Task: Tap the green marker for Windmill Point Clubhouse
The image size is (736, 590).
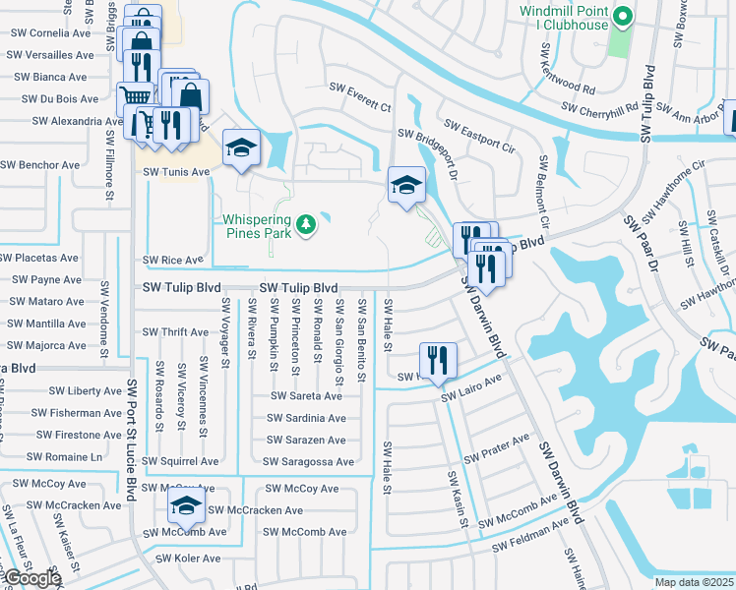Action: (x=622, y=16)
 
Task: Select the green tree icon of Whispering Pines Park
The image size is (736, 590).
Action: (x=307, y=225)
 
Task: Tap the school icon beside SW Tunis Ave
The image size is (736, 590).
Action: (x=241, y=149)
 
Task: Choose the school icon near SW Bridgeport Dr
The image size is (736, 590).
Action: (x=406, y=185)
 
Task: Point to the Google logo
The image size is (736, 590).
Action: (x=31, y=578)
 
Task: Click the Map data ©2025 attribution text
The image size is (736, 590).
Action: (x=694, y=581)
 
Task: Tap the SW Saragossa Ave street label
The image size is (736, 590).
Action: (x=307, y=461)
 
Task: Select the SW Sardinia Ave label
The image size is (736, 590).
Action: (x=307, y=417)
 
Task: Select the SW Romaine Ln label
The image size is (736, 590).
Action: (x=63, y=457)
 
